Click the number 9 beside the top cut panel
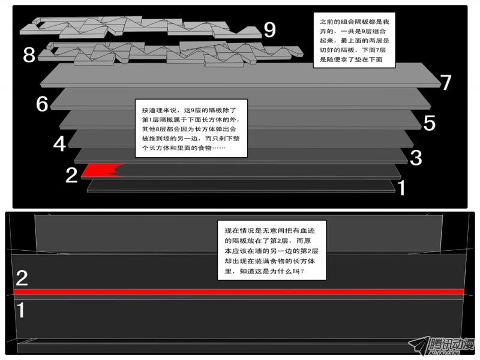coord(269,29)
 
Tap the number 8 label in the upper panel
coord(29,55)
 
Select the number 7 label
coord(445,82)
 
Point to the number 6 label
coord(42,103)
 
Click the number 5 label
coord(430,123)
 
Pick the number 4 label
coord(59,144)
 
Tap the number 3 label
coord(416,158)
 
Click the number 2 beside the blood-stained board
coord(71,175)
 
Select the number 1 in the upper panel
coord(401,187)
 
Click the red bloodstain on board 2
coord(103,170)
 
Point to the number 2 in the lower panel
coord(22,278)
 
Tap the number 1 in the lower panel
coord(20,310)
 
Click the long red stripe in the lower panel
coord(239,292)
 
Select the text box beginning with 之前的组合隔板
coord(354,40)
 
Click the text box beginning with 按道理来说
coord(191,128)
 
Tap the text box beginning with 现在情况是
coord(272,250)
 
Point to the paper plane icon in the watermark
coord(419,346)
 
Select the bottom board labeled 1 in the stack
coord(241,186)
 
